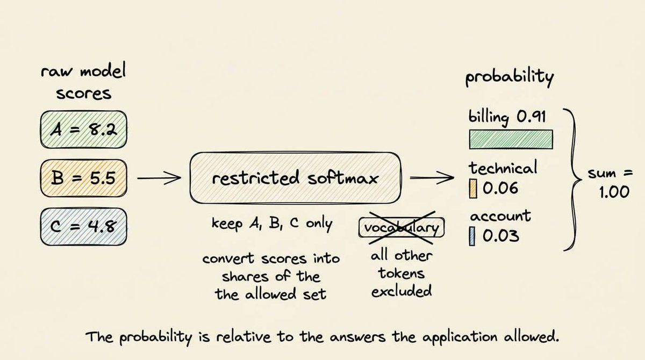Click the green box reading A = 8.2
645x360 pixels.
point(83,129)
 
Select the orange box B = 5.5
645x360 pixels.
point(83,178)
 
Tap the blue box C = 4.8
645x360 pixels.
point(83,227)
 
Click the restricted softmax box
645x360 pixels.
point(295,178)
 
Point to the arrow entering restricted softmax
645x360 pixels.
point(159,178)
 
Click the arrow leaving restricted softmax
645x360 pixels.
point(432,178)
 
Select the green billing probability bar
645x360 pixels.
point(511,139)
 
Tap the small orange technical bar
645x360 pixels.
point(473,189)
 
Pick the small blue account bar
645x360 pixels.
point(472,236)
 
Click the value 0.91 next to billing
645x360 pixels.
point(531,117)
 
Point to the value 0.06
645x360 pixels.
point(500,188)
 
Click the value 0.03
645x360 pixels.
point(501,236)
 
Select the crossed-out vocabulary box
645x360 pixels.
point(402,228)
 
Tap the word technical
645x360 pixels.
point(503,168)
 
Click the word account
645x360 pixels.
point(500,216)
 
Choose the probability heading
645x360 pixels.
point(510,77)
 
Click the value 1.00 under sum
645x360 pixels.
point(614,192)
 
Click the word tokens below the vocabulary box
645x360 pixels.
point(402,273)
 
